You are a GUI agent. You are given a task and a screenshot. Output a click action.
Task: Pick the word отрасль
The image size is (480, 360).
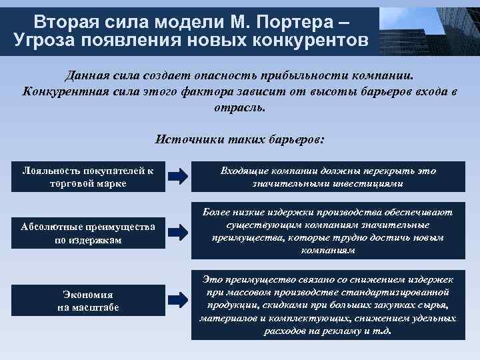[x=239, y=107]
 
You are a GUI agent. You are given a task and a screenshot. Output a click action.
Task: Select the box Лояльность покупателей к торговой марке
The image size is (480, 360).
[x=88, y=177]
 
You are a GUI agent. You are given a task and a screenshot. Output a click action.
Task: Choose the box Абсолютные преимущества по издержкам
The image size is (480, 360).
[x=88, y=233]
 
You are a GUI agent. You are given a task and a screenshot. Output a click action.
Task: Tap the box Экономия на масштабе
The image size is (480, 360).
[x=88, y=301]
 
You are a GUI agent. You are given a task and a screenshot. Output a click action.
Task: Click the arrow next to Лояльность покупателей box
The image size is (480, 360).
[x=178, y=177]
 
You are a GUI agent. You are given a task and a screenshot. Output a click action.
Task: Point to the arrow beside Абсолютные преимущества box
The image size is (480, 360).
[x=178, y=232]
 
